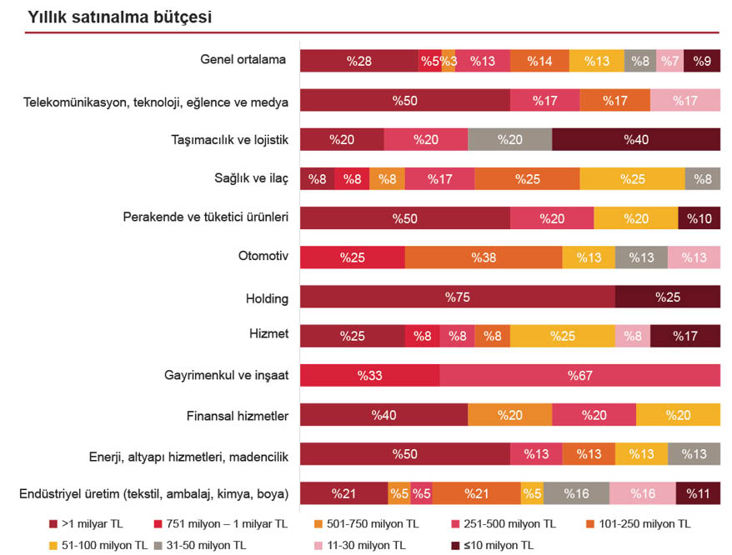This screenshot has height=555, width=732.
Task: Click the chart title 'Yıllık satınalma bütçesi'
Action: click(x=119, y=17)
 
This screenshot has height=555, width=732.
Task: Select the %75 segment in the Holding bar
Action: click(x=457, y=297)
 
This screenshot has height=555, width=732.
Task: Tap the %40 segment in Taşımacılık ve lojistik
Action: click(x=635, y=139)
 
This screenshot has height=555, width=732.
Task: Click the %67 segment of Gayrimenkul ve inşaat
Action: click(x=579, y=376)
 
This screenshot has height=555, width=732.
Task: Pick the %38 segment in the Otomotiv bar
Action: click(x=484, y=257)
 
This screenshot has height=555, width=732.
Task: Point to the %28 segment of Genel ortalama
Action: click(x=359, y=61)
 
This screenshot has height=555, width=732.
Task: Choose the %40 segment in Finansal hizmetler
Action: click(x=384, y=415)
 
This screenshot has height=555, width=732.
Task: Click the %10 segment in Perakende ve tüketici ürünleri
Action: click(x=699, y=218)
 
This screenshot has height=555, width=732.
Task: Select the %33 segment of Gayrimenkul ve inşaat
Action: click(x=369, y=376)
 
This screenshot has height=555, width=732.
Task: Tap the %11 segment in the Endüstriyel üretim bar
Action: click(x=698, y=493)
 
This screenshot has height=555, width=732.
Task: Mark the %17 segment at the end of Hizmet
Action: click(x=684, y=336)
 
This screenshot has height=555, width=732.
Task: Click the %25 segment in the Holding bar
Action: click(x=667, y=297)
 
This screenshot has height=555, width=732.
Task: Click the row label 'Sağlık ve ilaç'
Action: click(x=251, y=177)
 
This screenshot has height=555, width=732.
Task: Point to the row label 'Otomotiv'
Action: click(x=263, y=256)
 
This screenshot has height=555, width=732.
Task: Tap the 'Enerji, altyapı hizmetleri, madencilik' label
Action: click(x=188, y=456)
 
